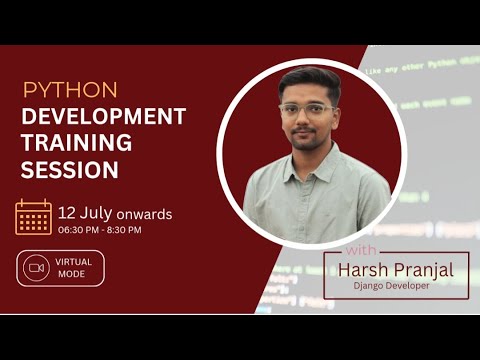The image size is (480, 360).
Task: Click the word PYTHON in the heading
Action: tap(70, 90)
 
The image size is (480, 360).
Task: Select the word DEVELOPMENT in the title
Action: tap(104, 116)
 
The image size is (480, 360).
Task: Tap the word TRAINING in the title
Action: tap(76, 143)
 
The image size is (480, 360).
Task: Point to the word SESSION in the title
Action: tap(70, 170)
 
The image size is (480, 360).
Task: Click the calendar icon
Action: tap(33, 217)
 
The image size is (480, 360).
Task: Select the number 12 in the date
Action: tap(68, 214)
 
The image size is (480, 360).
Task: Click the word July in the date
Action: tap(97, 214)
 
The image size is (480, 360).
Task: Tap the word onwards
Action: tap(144, 215)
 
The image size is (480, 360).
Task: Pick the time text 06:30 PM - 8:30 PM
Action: tap(99, 231)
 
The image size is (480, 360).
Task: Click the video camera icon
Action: tap(38, 268)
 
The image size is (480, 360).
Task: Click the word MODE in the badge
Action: tap(72, 274)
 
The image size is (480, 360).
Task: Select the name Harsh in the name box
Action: tap(362, 269)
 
